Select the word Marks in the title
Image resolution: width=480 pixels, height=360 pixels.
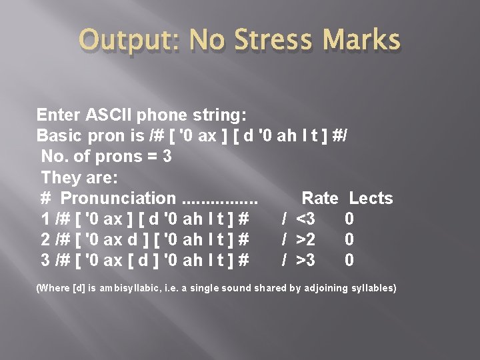coord(365,41)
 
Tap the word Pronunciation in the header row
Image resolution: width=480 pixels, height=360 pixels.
coord(117,198)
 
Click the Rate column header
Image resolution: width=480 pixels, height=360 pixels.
coord(320,198)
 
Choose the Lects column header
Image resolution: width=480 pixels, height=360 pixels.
coord(371,198)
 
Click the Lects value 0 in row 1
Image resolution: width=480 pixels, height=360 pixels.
coord(349,219)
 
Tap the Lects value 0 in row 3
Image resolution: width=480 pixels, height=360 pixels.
coord(349,260)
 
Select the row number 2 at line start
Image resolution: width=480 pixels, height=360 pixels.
coord(45,239)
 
